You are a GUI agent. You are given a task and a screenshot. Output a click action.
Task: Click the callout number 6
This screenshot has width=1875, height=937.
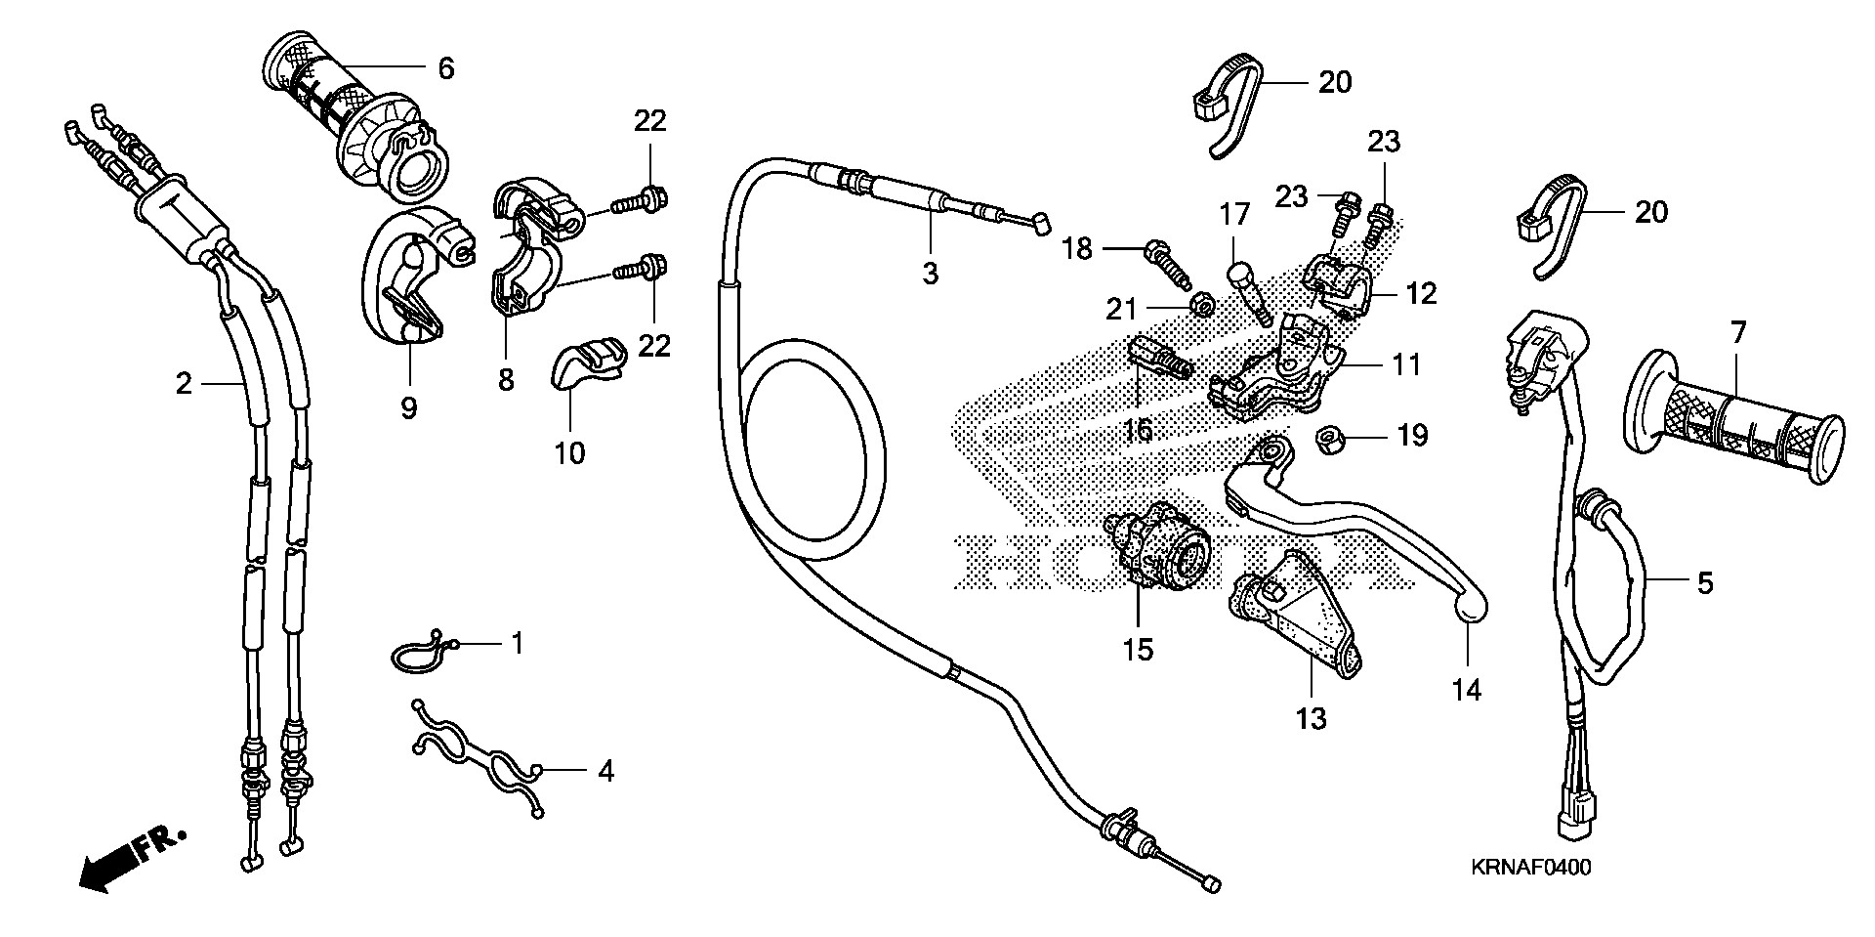(445, 68)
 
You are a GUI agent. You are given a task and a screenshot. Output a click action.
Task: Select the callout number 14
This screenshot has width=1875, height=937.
(1466, 690)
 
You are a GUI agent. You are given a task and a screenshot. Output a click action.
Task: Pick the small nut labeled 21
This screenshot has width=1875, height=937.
(1204, 307)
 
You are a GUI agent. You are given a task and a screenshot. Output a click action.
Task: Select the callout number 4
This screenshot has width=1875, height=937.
(605, 772)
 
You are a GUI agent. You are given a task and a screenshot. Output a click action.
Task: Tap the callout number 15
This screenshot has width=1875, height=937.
(1139, 649)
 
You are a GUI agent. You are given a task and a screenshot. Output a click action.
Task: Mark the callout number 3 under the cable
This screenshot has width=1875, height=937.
(930, 273)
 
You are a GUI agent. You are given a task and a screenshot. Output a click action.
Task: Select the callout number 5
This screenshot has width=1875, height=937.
(1704, 583)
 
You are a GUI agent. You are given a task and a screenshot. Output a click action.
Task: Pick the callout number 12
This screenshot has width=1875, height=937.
(1422, 292)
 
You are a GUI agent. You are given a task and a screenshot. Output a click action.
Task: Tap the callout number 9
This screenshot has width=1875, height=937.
(408, 406)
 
